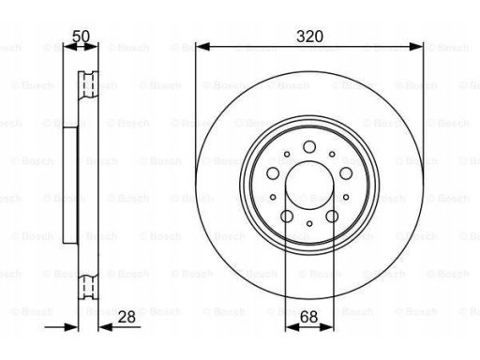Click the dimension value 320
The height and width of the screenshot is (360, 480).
[309, 37]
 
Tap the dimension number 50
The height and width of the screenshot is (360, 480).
[81, 37]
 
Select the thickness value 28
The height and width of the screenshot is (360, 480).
[127, 317]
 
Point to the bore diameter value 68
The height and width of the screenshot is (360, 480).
[308, 317]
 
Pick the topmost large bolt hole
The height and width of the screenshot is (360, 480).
[309, 147]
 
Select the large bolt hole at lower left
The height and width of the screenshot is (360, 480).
[287, 217]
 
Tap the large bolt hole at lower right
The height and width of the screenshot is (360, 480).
[332, 217]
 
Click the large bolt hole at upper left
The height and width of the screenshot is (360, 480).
[273, 173]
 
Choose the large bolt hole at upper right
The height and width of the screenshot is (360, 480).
[346, 173]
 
